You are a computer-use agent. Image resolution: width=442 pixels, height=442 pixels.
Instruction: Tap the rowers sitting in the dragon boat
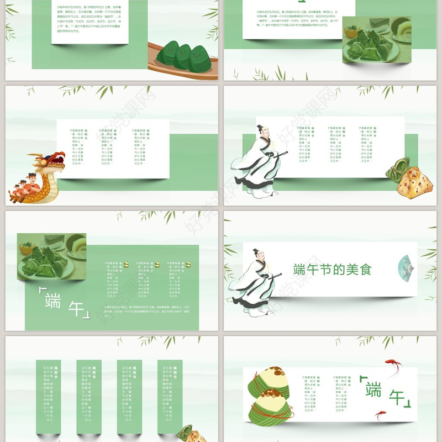click(24, 186)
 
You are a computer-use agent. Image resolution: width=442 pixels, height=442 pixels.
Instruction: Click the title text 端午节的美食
click(332, 270)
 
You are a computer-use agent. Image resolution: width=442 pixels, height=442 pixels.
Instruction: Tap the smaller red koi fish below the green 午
click(381, 414)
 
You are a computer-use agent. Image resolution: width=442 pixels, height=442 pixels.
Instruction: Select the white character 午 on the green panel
click(76, 309)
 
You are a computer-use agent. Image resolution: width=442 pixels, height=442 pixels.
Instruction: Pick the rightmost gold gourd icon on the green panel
click(187, 264)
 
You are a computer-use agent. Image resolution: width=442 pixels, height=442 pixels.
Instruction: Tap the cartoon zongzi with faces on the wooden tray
click(183, 55)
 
